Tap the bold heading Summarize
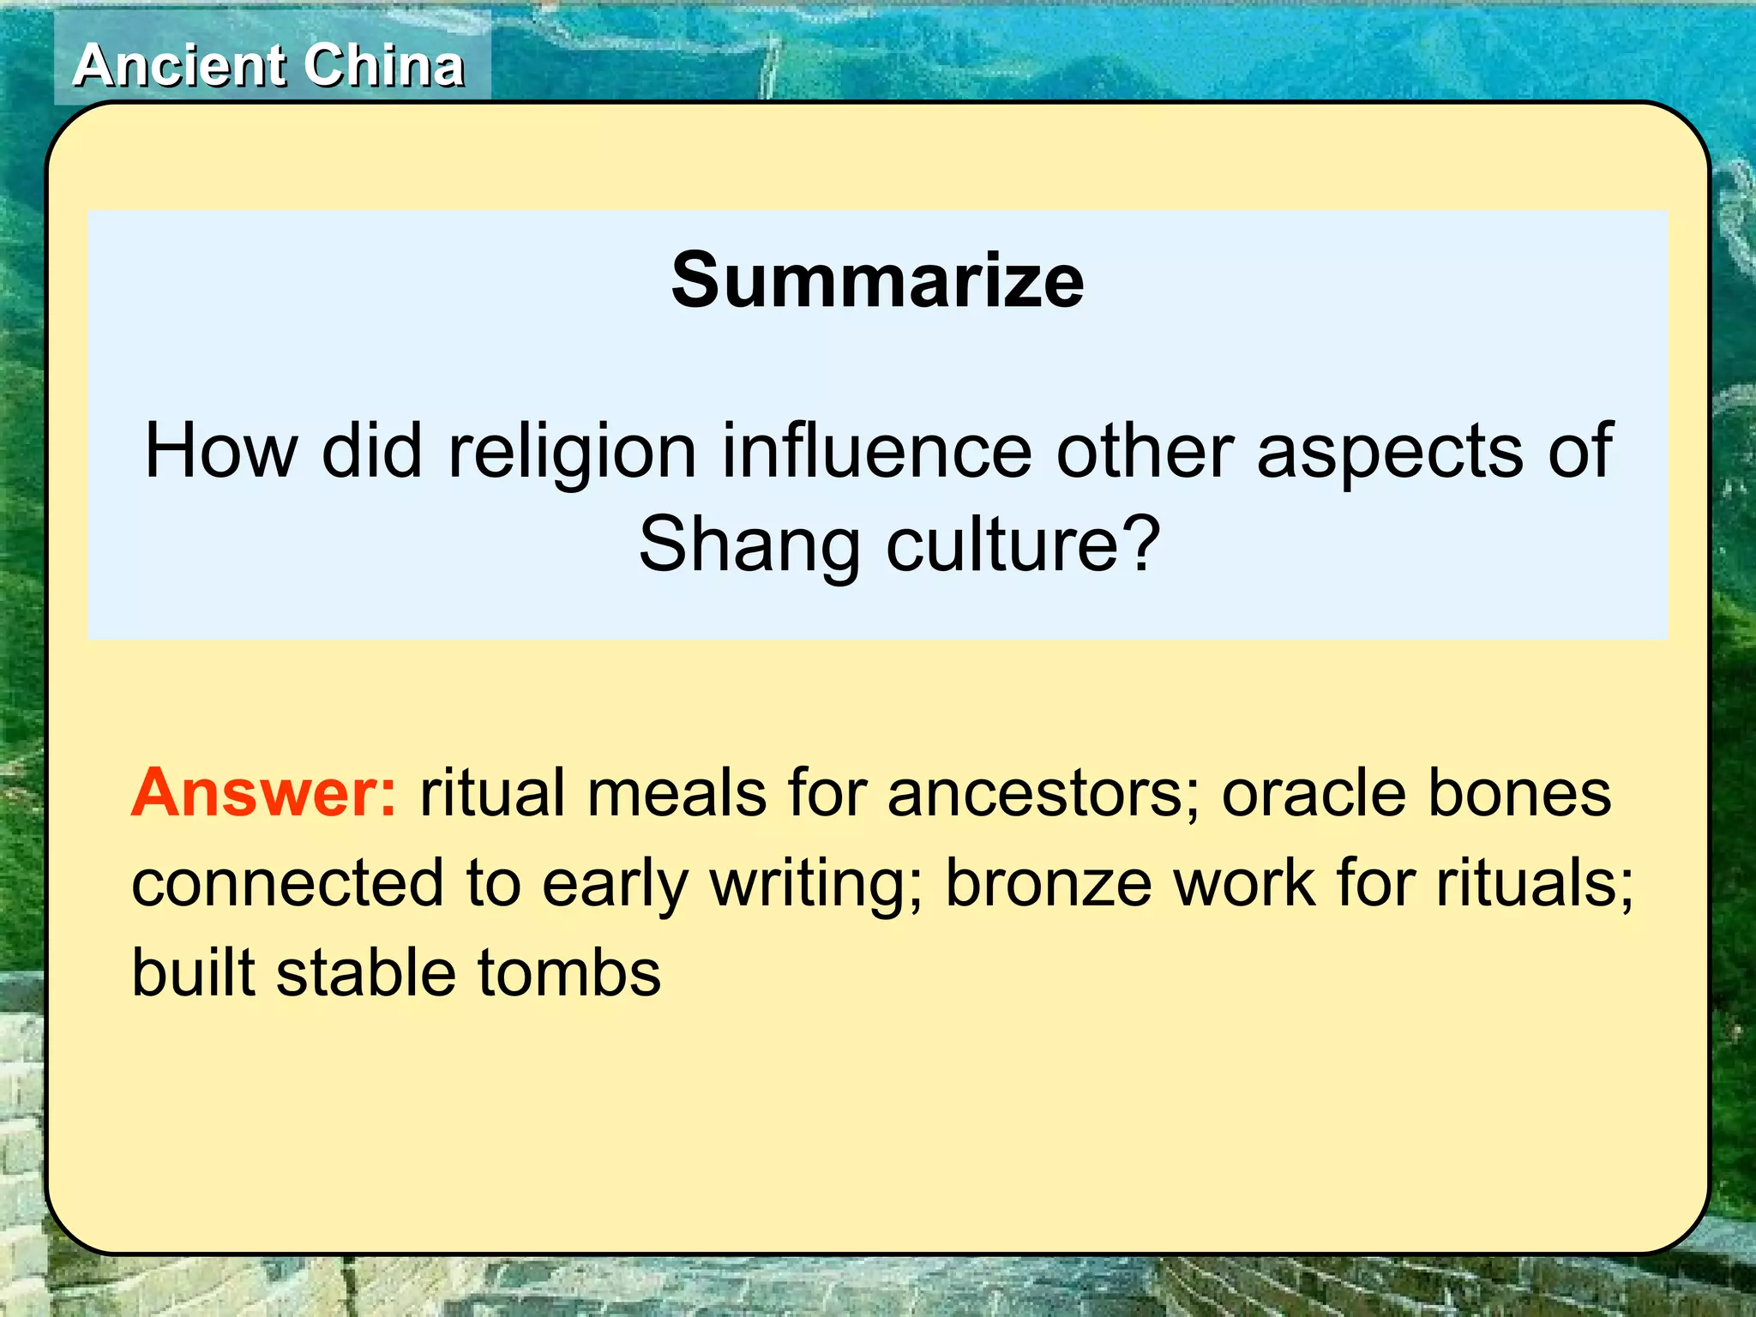(x=877, y=280)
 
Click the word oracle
(x=1313, y=792)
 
